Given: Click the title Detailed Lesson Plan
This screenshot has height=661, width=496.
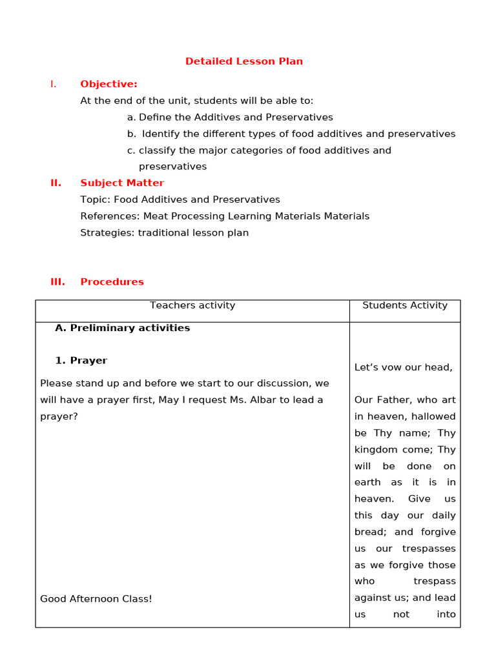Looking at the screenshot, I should (x=243, y=61).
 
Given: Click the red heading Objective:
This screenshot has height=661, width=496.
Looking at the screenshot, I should (x=108, y=84).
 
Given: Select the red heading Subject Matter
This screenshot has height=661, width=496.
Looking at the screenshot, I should (x=122, y=183).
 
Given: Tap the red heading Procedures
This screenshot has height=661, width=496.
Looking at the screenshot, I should (x=112, y=281).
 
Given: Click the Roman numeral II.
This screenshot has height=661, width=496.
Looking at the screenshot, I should (x=56, y=183).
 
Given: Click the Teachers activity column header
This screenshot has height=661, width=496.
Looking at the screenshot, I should (x=192, y=305).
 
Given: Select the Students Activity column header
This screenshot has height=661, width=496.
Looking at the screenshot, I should (x=405, y=305).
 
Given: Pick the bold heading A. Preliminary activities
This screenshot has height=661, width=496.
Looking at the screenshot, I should (x=123, y=328).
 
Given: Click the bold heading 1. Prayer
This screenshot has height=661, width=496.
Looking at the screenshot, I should (x=81, y=360).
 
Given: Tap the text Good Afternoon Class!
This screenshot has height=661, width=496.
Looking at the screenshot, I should (x=96, y=598).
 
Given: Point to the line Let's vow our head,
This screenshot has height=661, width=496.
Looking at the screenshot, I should (x=403, y=367).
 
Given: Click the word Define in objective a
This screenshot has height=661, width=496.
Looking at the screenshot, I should (x=153, y=117).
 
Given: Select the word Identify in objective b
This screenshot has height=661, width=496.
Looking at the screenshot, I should (x=161, y=134).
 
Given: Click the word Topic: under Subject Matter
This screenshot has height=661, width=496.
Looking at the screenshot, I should (x=96, y=199).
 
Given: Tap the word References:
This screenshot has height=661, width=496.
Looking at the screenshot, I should (x=110, y=216).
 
